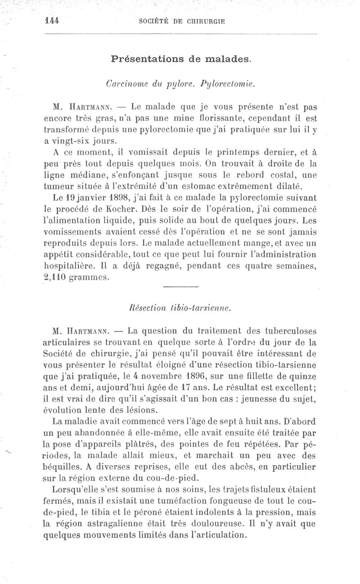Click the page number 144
coord(53,20)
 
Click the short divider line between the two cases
coord(180,287)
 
